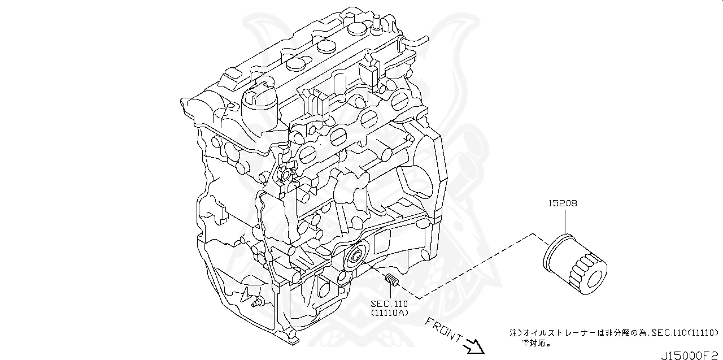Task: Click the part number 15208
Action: pos(562,203)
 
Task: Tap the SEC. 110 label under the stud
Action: pos(389,303)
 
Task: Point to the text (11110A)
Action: pos(389,313)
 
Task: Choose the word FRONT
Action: pos(442,329)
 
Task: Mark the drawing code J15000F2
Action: pos(691,354)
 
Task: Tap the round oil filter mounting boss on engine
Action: pos(355,257)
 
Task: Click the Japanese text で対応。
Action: pos(537,342)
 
